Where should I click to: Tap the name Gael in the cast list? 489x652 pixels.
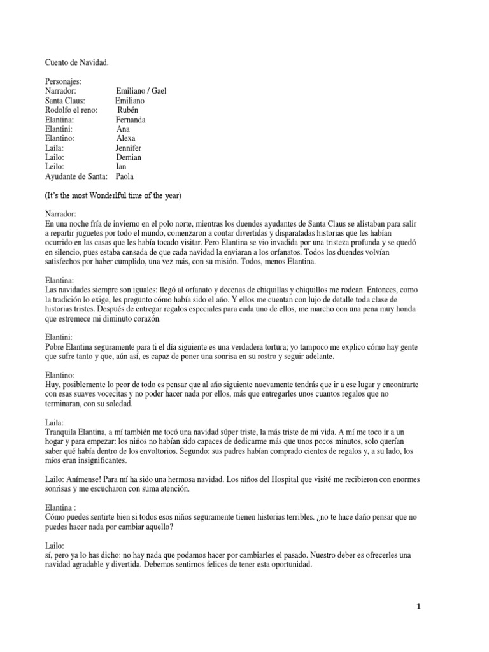tap(157, 91)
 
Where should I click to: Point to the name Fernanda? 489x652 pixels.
tap(131, 120)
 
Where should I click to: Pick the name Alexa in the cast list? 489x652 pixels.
tap(125, 138)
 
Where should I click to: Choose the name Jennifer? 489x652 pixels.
tap(129, 148)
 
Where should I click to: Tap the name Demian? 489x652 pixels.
tap(129, 157)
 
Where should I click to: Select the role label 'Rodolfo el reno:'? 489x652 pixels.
tap(71, 110)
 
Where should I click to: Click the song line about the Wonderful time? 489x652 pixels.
tap(113, 195)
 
